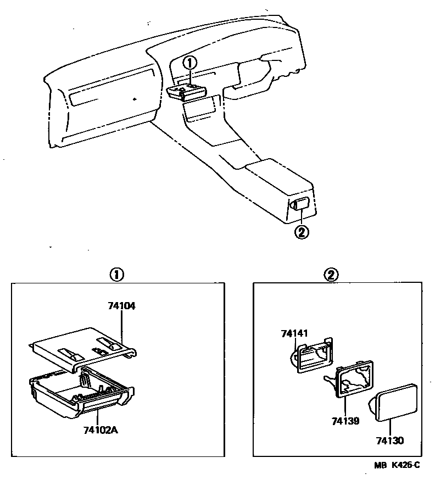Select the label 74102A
tap(100, 429)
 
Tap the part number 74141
tap(294, 333)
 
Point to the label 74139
tap(345, 421)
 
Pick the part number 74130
tap(390, 440)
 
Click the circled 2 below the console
tap(302, 232)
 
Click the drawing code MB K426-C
tap(397, 465)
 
